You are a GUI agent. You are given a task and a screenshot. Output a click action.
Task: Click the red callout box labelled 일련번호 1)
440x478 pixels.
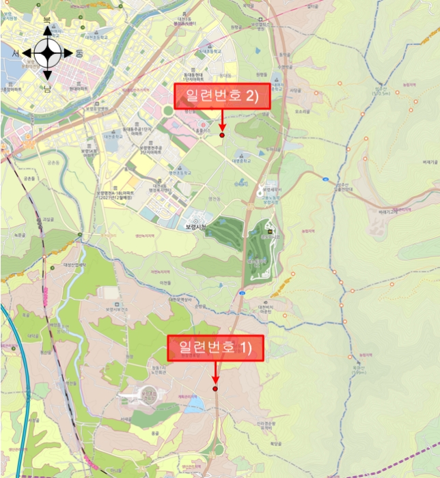click(215, 348)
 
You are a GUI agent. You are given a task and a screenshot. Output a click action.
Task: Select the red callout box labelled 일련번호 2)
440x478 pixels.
click(223, 96)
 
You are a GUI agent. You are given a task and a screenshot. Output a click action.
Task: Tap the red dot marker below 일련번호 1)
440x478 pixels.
click(215, 389)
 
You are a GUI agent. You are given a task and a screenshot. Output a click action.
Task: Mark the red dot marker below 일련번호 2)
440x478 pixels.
click(222, 135)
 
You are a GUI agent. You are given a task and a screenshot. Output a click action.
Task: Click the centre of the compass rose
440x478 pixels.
click(47, 52)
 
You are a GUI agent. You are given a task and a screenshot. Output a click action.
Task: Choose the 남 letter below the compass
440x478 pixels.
click(47, 88)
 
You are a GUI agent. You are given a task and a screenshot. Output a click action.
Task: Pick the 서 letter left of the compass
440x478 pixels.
click(16, 53)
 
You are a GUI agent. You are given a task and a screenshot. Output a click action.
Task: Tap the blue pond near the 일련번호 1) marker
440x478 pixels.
click(195, 407)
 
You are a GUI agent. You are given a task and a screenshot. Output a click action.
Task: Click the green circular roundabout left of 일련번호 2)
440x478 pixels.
click(168, 111)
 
